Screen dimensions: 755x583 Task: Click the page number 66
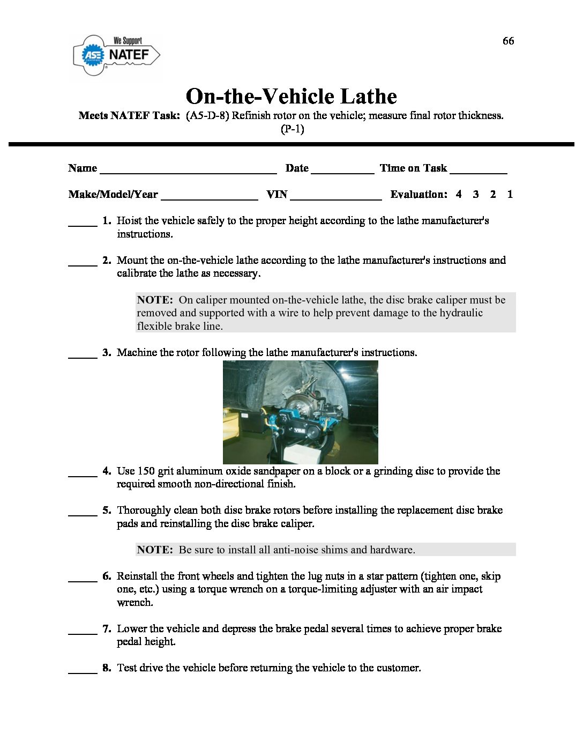508,41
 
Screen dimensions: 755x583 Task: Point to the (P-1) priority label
292,129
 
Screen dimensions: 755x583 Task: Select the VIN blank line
336,197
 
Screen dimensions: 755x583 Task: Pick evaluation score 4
459,194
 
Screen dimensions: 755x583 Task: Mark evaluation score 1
510,194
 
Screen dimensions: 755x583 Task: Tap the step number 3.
107,352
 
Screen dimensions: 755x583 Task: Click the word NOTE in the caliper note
154,300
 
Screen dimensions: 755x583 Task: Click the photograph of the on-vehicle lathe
300,412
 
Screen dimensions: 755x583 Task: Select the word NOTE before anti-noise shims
154,550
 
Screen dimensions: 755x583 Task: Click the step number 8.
107,668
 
